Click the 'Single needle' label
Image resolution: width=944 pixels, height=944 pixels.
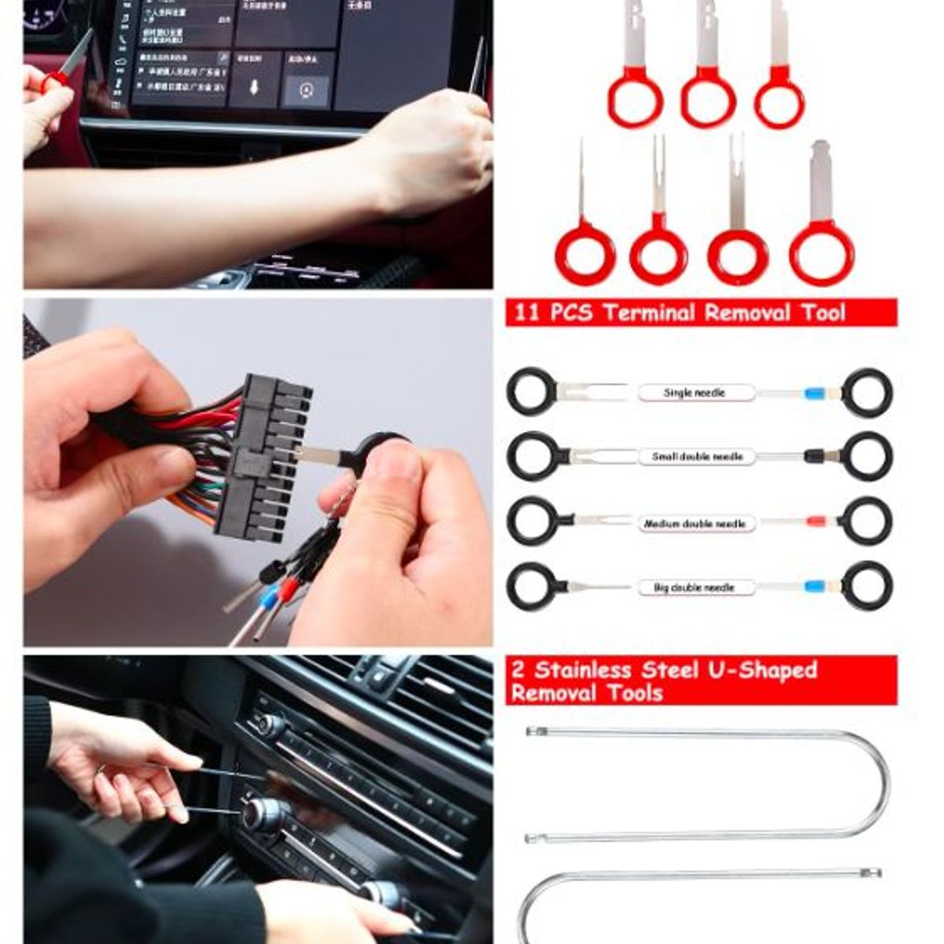[x=695, y=393]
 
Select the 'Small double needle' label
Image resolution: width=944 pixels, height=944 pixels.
[x=697, y=457]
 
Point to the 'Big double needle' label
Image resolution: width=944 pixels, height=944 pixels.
[x=694, y=588]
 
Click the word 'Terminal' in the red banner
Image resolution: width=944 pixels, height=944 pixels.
[x=649, y=313]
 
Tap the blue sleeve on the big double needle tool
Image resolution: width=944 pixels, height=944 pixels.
[x=815, y=587]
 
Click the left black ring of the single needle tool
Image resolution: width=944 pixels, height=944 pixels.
[x=532, y=392]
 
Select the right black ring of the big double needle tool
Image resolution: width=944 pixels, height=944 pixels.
[x=867, y=586]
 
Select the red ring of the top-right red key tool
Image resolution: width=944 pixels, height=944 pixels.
[x=779, y=103]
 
